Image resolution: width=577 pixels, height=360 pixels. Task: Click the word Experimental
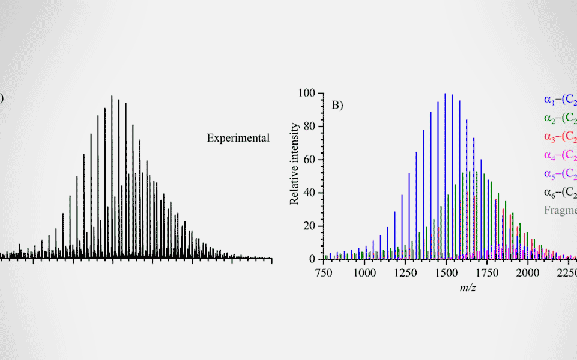click(x=238, y=138)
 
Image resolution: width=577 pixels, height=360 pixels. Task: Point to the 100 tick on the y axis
click(x=309, y=93)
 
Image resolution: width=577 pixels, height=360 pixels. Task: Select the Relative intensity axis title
click(x=295, y=164)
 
